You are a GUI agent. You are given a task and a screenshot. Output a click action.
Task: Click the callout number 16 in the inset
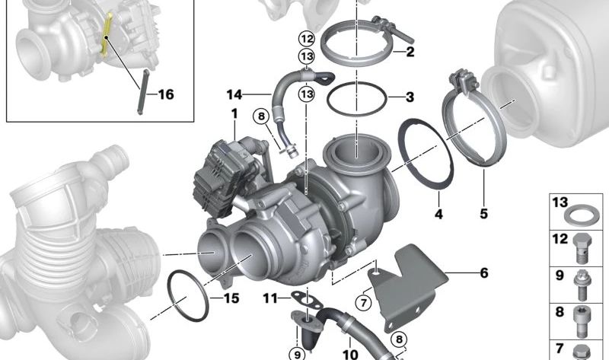[166, 94]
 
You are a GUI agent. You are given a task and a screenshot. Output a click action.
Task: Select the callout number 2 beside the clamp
[410, 52]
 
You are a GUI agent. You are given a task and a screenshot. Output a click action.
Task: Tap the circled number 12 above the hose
[306, 39]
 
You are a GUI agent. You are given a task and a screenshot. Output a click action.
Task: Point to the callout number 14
[234, 94]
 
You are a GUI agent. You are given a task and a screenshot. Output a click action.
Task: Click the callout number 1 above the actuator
[234, 114]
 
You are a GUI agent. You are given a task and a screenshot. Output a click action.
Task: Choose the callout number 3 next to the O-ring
[410, 97]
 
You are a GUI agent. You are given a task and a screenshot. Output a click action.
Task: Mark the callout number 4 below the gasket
[438, 214]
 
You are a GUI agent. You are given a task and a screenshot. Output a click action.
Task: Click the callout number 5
[483, 214]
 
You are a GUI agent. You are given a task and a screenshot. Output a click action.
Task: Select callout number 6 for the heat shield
[484, 273]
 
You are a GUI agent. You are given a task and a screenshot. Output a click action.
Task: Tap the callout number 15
[231, 298]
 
